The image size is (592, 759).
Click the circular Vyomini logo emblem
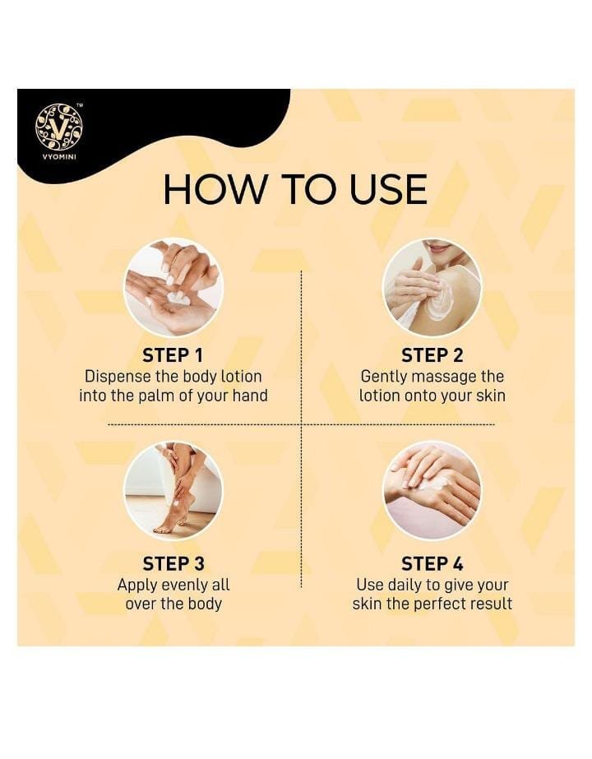(x=58, y=126)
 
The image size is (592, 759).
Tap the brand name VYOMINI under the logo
(x=58, y=157)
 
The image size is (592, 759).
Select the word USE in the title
(x=388, y=189)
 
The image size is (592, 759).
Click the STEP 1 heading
(x=173, y=355)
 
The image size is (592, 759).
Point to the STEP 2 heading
(x=432, y=355)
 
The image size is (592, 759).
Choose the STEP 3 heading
(x=173, y=563)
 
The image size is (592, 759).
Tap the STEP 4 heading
(x=432, y=563)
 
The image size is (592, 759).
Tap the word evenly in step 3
(x=184, y=585)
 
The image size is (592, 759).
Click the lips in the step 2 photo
(x=440, y=249)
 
